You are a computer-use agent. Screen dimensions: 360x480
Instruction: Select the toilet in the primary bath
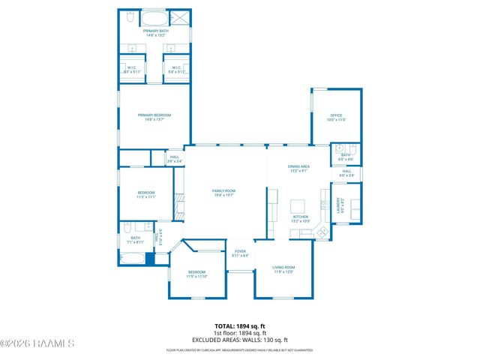pos(128,16)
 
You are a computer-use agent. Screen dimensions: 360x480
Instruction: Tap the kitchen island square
pos(298,206)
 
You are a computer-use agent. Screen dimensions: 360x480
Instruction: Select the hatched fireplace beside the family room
pos(178,204)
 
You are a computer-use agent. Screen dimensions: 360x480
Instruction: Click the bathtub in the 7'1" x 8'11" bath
pos(132,259)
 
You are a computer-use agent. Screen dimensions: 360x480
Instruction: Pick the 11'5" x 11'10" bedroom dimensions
pos(197,277)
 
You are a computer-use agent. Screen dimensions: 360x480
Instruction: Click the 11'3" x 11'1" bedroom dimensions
pos(145,197)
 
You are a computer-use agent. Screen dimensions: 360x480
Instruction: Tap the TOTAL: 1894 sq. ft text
pos(240,326)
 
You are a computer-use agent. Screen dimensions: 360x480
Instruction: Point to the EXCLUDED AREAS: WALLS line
pos(240,338)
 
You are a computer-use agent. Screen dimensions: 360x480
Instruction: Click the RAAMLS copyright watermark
pos(37,344)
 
